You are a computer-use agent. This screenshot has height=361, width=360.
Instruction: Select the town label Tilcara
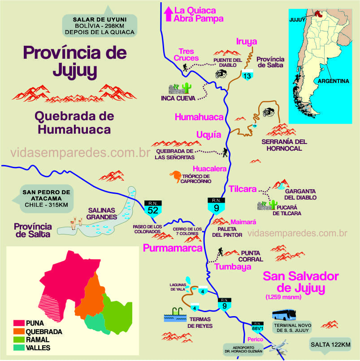pyautogui.click(x=242, y=188)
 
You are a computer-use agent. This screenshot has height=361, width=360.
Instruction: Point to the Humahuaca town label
pyautogui.click(x=199, y=117)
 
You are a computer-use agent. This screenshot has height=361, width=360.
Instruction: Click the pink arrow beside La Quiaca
pyautogui.click(x=169, y=13)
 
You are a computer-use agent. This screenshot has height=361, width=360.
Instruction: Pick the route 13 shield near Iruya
pyautogui.click(x=247, y=75)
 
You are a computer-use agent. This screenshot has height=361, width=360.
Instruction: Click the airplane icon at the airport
pyautogui.click(x=278, y=348)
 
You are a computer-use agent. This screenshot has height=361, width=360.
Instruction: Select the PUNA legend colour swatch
pyautogui.click(x=18, y=323)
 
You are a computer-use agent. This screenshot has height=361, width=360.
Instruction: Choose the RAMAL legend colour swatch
pyautogui.click(x=18, y=339)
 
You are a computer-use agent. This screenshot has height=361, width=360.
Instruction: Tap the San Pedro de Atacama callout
pyautogui.click(x=47, y=199)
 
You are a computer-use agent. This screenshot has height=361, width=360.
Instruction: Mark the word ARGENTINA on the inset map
pyautogui.click(x=333, y=81)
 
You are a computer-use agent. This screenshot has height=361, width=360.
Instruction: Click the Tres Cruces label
pyautogui.click(x=186, y=55)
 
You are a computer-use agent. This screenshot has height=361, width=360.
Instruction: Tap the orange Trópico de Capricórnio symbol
pyautogui.click(x=175, y=176)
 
